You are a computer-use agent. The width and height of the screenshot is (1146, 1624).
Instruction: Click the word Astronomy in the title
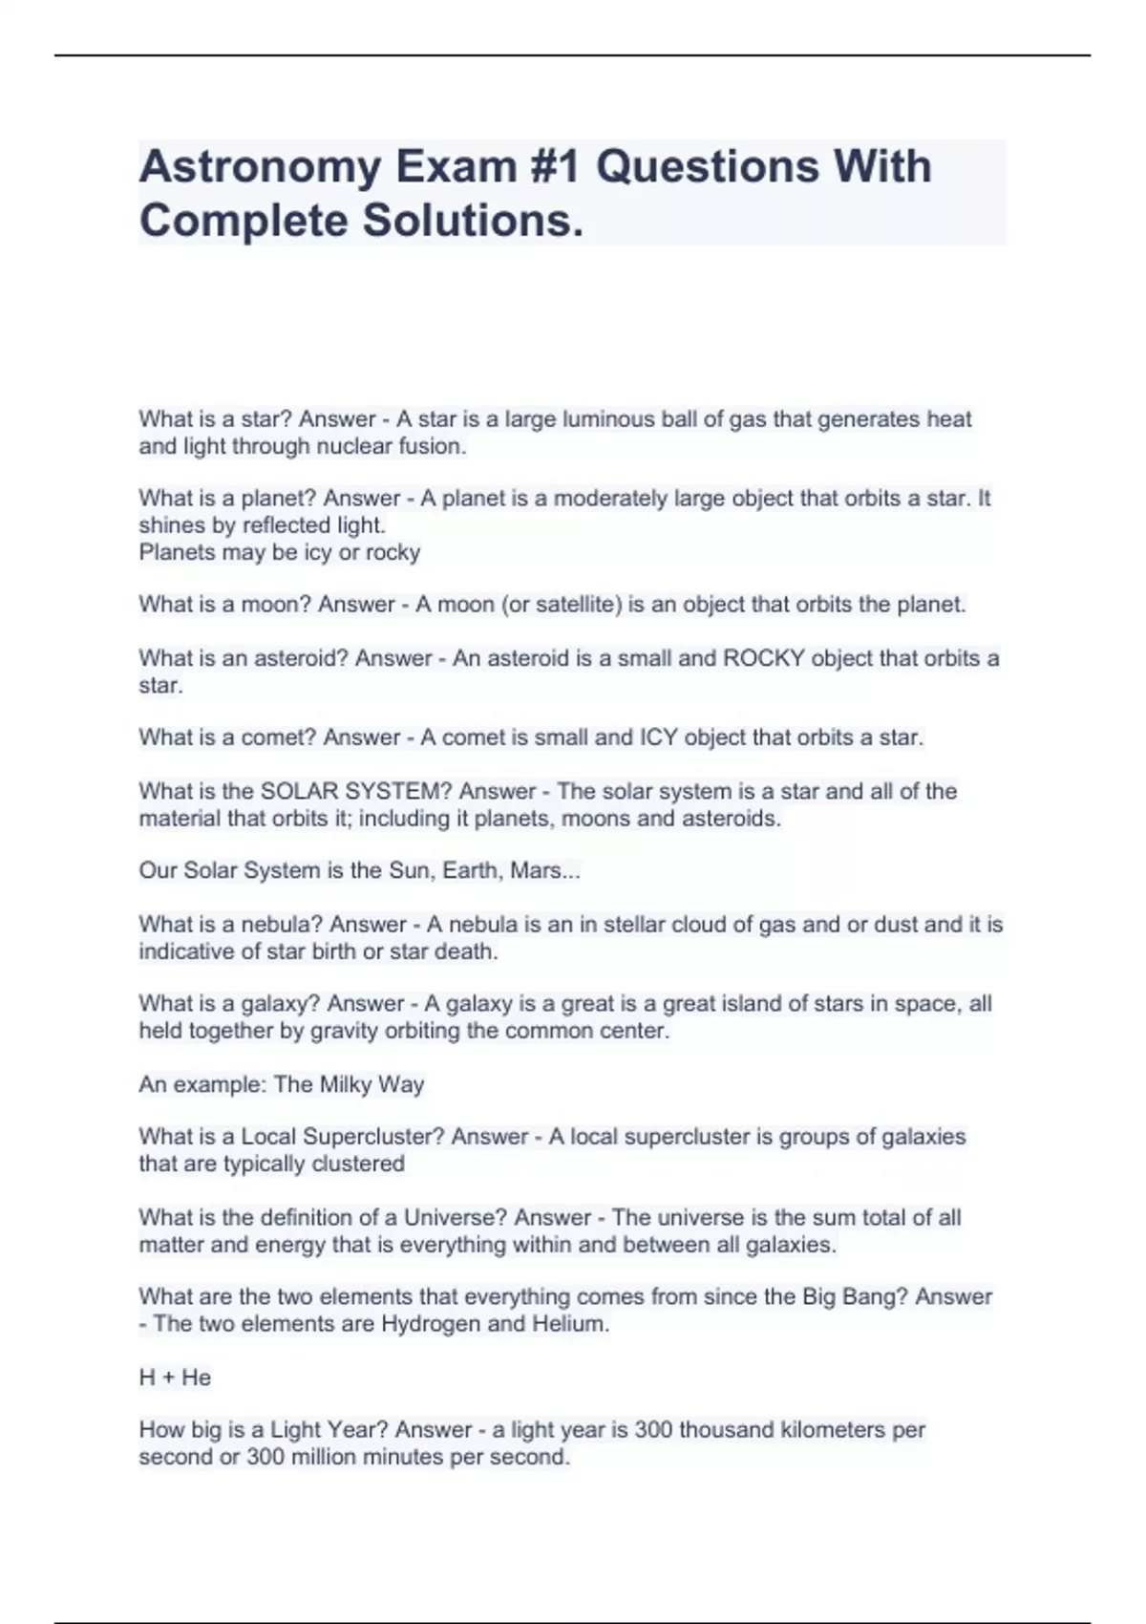click(260, 167)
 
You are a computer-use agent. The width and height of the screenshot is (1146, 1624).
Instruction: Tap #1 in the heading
click(555, 167)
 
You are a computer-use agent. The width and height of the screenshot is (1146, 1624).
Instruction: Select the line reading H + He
click(175, 1378)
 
